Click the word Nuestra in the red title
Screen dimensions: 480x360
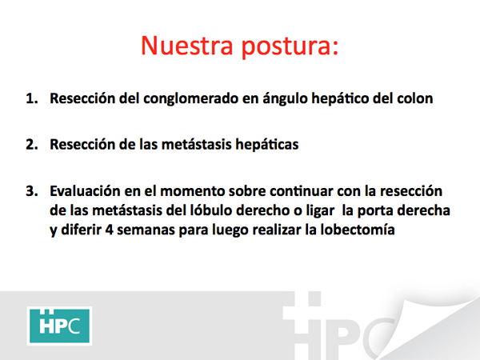187,46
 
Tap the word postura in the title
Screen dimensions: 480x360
290,47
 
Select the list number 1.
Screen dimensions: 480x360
32,98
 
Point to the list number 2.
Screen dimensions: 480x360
32,145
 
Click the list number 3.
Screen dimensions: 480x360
32,191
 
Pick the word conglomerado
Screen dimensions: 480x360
190,99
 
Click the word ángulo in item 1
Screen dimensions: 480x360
285,99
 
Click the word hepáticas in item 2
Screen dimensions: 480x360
267,145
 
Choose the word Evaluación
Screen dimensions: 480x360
85,191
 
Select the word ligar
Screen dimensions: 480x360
321,211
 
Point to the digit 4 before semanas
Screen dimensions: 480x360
110,230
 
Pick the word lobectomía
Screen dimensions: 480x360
358,230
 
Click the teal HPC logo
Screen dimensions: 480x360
59,326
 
